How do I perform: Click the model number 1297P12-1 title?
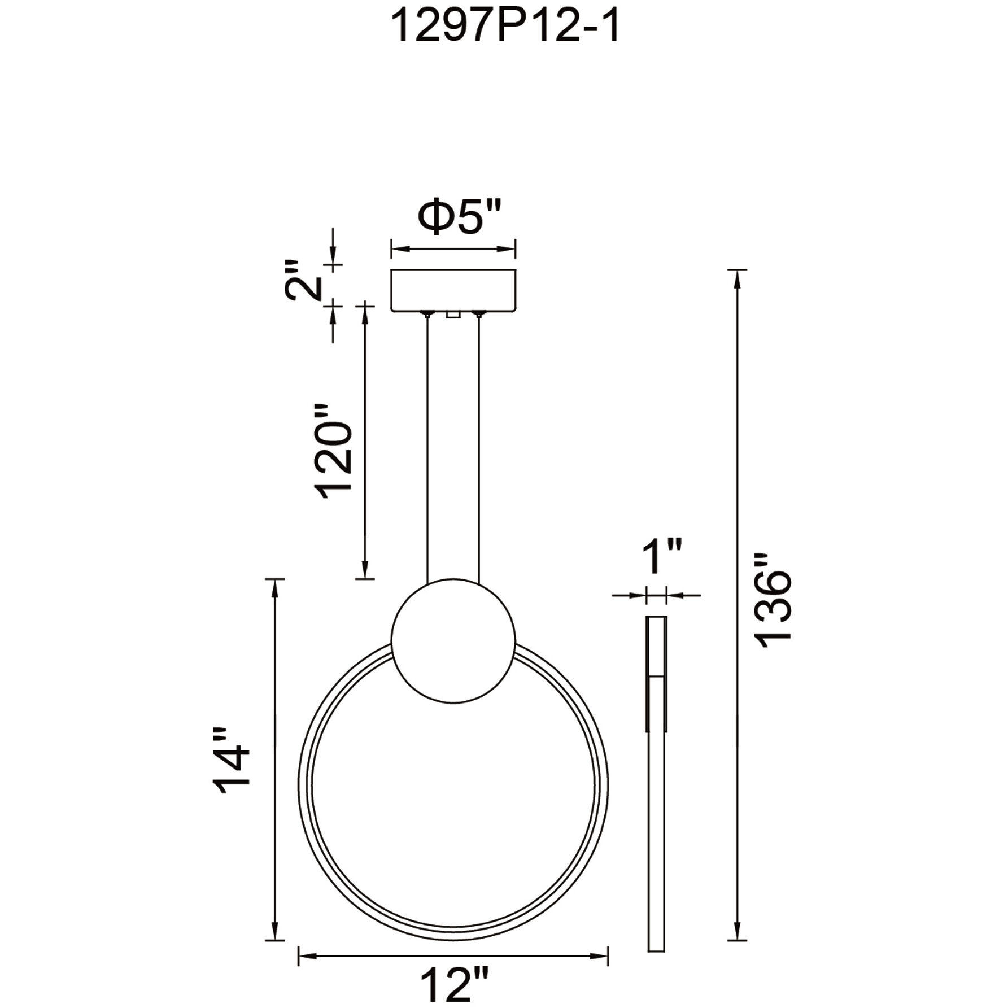pos(505,27)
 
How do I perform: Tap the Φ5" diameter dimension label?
pos(459,217)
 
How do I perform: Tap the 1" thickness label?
pos(662,557)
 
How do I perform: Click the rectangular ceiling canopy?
pos(453,290)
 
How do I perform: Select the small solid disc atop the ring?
pos(453,640)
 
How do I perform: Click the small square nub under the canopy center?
pos(451,315)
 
